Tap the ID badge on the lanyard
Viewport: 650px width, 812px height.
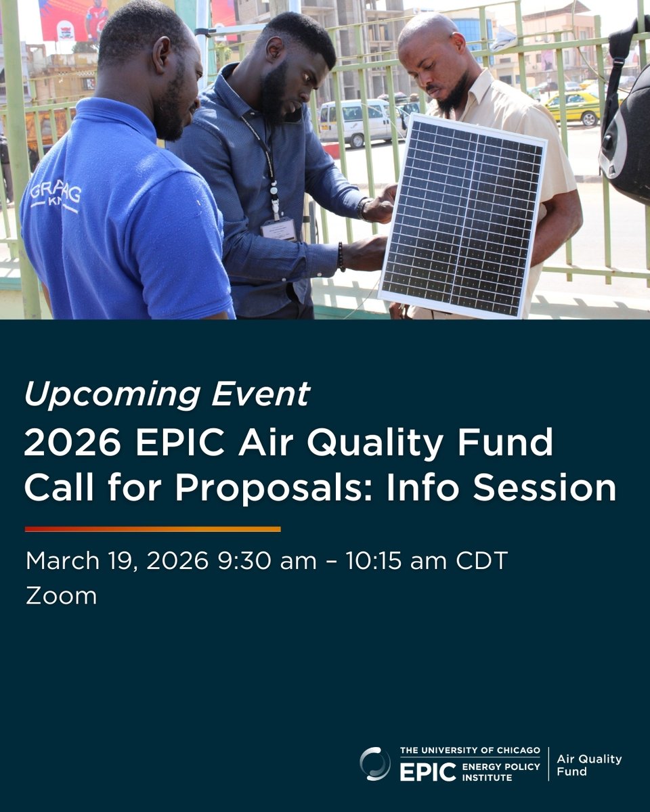click(278, 229)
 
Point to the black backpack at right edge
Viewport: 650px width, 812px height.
click(627, 135)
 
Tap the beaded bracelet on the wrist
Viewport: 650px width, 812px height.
click(341, 256)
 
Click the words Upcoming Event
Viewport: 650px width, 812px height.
click(167, 394)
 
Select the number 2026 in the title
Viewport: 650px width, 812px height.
click(72, 444)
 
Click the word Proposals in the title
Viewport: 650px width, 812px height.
click(274, 489)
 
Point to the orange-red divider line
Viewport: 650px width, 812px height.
click(152, 529)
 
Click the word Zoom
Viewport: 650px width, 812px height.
click(61, 596)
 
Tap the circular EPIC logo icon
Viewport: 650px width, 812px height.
click(375, 764)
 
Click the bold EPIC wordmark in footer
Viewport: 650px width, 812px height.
click(427, 772)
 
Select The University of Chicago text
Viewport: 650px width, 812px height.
click(469, 750)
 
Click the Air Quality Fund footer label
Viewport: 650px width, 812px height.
click(588, 765)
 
